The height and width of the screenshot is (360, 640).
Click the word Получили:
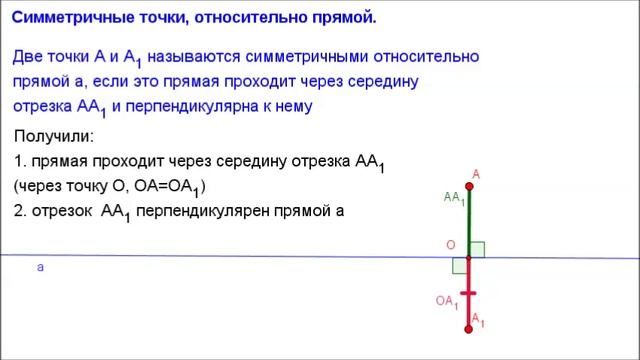pos(54,136)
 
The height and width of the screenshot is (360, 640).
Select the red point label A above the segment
pos(476,174)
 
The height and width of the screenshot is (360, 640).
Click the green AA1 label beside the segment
pos(453,198)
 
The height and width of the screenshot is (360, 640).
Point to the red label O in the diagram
pos(451,245)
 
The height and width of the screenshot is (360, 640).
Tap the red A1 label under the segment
pos(478,320)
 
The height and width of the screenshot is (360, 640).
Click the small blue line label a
pos(40,268)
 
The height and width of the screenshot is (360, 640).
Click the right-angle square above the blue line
pos(476,249)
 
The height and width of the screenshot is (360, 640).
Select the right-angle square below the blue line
pos(459,266)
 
